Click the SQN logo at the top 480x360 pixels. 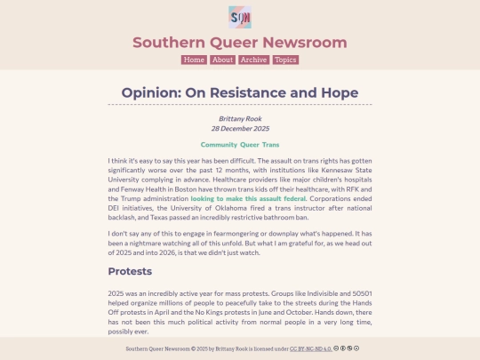pyautogui.click(x=240, y=17)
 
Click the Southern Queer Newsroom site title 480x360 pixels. pyautogui.click(x=240, y=43)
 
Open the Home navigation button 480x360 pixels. pyautogui.click(x=194, y=60)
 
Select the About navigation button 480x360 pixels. pyautogui.click(x=222, y=60)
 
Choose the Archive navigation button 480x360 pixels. pyautogui.click(x=253, y=60)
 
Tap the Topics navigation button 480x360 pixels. pyautogui.click(x=285, y=60)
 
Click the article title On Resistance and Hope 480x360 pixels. pyautogui.click(x=240, y=92)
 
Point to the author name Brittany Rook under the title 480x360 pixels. pyautogui.click(x=240, y=117)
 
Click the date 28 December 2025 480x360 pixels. pyautogui.click(x=240, y=128)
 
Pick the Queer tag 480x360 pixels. pyautogui.click(x=250, y=144)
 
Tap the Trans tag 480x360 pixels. pyautogui.click(x=271, y=144)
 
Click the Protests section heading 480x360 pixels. pyautogui.click(x=130, y=271)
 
